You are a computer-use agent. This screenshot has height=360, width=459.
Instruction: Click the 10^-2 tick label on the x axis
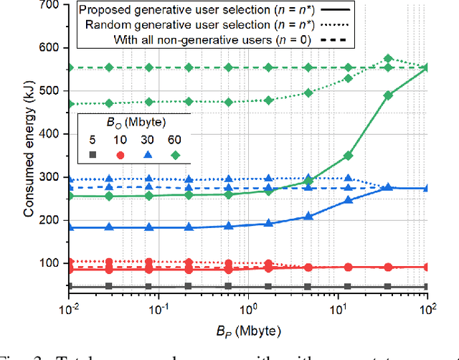(69, 303)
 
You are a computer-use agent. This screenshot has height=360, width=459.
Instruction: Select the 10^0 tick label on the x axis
(248, 303)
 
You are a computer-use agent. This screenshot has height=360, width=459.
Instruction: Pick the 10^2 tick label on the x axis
(427, 303)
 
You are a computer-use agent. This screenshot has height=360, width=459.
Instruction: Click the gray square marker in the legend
(93, 155)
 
